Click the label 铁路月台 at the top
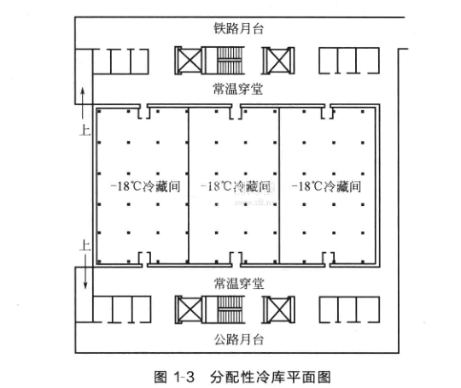pyautogui.click(x=238, y=28)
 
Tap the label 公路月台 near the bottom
pyautogui.click(x=239, y=339)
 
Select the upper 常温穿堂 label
pyautogui.click(x=238, y=89)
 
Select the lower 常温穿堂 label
pyautogui.click(x=239, y=283)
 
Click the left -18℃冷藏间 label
pyautogui.click(x=145, y=186)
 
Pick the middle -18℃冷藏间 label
pyautogui.click(x=236, y=186)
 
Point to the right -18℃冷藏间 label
pyautogui.click(x=326, y=186)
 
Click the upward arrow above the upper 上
pyautogui.click(x=83, y=105)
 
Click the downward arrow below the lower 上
pyautogui.click(x=85, y=271)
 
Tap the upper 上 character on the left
pyautogui.click(x=85, y=130)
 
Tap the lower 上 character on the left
pyautogui.click(x=85, y=245)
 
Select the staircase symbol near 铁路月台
pyautogui.click(x=230, y=61)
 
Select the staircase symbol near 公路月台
pyautogui.click(x=230, y=309)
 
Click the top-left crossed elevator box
pyautogui.click(x=190, y=61)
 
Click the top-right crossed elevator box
pyautogui.click(x=278, y=61)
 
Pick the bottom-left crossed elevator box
pyautogui.click(x=190, y=309)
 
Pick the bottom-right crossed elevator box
pyautogui.click(x=278, y=309)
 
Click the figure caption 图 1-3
pyautogui.click(x=174, y=377)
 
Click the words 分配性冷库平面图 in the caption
pyautogui.click(x=271, y=377)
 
